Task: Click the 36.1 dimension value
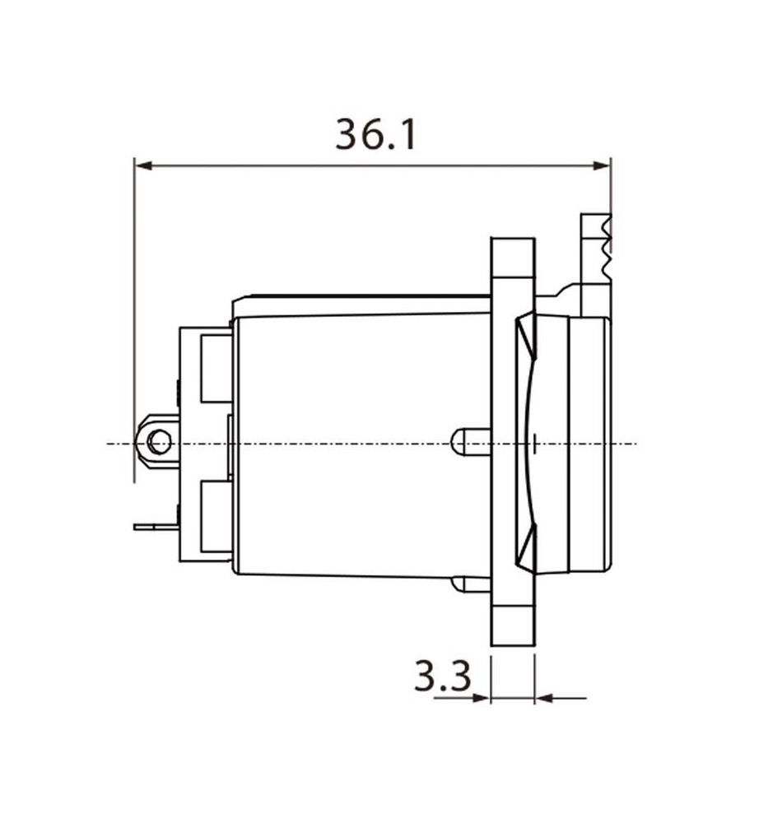[375, 134]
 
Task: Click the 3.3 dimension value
[442, 676]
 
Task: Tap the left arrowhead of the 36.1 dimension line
[143, 166]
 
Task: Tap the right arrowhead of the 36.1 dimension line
[601, 166]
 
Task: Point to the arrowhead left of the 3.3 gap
[481, 698]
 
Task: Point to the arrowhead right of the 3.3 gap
[544, 698]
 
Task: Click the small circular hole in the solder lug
[159, 441]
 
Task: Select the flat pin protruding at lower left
[156, 527]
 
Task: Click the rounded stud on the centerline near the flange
[471, 442]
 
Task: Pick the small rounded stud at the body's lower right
[471, 584]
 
